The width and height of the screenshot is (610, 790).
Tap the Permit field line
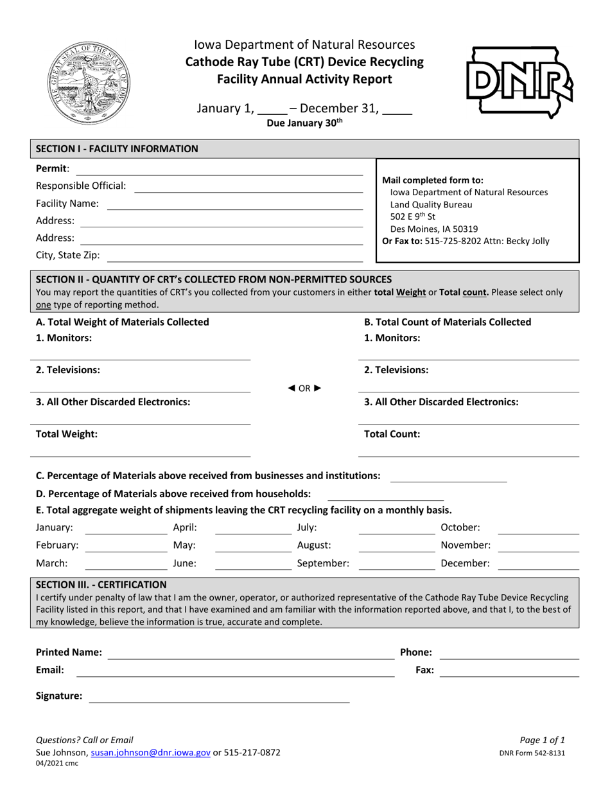(x=218, y=170)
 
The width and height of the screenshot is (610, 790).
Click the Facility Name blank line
(x=234, y=204)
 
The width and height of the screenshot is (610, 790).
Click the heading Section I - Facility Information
(x=117, y=149)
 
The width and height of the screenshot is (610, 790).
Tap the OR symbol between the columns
(x=304, y=387)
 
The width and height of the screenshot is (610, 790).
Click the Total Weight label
(x=67, y=434)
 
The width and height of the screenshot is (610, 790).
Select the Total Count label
(x=392, y=434)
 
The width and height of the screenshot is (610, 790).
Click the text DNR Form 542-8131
(x=532, y=753)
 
